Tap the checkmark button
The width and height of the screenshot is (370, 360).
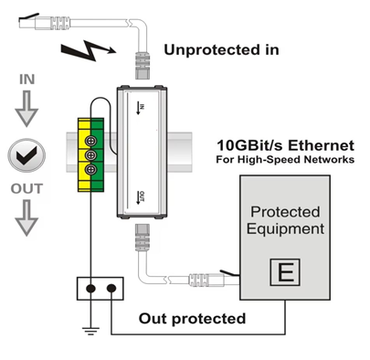pos(26,155)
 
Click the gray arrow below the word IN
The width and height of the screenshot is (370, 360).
pos(26,109)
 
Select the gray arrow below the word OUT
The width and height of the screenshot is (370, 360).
pos(26,218)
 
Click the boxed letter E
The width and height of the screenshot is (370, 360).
pos(285,272)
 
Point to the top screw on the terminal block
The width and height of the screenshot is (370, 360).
pos(90,141)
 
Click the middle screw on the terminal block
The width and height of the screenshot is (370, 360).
pos(90,155)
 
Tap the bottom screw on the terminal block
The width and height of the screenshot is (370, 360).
pos(90,170)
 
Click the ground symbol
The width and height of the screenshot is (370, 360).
pos(90,331)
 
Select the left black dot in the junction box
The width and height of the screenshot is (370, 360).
pos(90,288)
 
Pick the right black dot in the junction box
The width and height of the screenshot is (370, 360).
pos(111,288)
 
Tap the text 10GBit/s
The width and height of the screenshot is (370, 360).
pos(250,145)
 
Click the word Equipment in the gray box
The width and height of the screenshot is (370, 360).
pos(285,229)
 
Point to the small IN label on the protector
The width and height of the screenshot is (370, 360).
pos(141,109)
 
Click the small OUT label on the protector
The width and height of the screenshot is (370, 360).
pos(141,197)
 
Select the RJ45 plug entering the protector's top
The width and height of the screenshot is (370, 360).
pos(143,65)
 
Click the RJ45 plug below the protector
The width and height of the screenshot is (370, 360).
pos(143,238)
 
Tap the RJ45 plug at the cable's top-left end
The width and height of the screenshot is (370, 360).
pos(44,22)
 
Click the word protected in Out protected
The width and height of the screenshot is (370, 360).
pos(209,319)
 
